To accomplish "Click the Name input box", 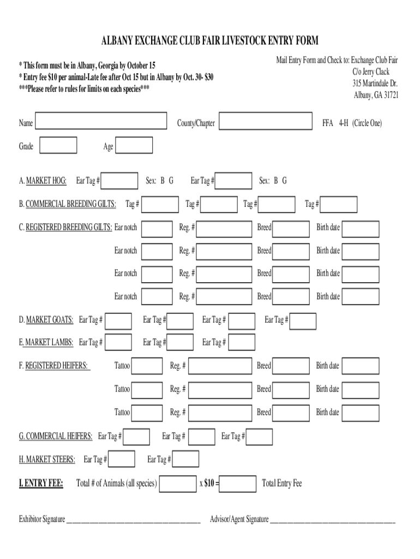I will tap(101, 121).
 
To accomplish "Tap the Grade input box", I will tap(58, 146).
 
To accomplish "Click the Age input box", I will tap(134, 146).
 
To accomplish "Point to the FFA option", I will tap(328, 123).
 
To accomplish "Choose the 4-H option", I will tap(343, 123).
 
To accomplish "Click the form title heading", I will tap(209, 41).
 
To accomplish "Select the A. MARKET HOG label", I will tap(43, 181).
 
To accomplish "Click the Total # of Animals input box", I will tap(178, 484).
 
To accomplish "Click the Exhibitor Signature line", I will tap(133, 520).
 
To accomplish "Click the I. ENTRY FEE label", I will tap(41, 484).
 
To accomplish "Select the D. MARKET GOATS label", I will tap(46, 320).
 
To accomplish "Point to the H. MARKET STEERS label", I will tap(47, 460).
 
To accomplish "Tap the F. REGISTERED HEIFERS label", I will tap(53, 366).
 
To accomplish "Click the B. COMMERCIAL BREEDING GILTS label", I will tap(68, 204).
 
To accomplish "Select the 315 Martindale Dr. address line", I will tap(375, 84).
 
